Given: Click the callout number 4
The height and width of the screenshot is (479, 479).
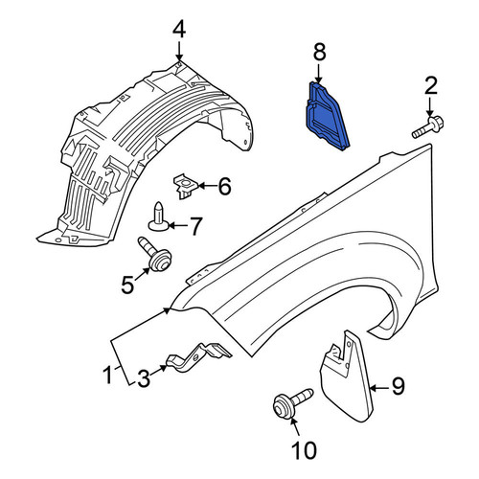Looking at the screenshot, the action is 179,30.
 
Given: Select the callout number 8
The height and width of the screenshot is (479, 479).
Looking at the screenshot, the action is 319,52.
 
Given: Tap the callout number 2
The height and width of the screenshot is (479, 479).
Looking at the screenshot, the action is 431,85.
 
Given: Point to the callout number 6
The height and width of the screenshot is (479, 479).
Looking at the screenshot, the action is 225,187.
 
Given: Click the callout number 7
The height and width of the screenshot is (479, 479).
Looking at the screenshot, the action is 195,226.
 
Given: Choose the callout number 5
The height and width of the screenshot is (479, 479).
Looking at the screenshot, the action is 127,285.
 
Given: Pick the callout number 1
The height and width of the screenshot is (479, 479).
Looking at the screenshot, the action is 108,376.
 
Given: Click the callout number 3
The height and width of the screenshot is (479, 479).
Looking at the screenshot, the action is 144,378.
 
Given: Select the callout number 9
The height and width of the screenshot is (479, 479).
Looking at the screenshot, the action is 399,386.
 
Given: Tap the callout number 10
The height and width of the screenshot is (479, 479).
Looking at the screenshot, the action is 304,450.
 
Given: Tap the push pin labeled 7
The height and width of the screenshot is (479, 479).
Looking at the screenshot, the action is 159,217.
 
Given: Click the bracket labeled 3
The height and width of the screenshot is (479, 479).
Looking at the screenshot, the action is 198,357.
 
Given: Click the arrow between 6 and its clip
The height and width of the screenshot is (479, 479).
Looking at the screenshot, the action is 208,186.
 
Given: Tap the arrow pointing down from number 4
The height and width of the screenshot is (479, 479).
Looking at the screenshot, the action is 179,51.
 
